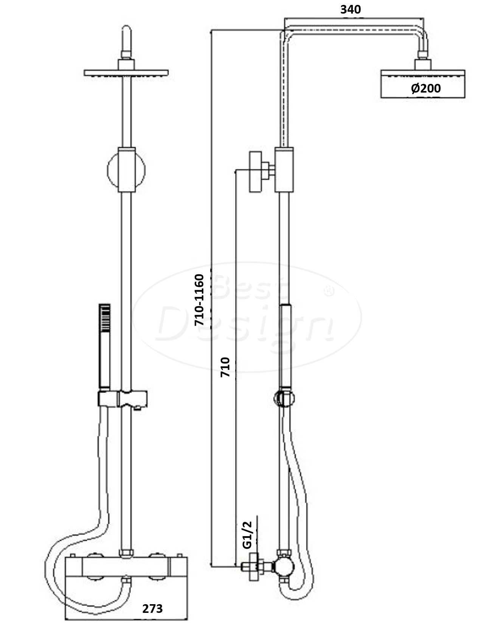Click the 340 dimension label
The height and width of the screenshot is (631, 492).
pos(351,9)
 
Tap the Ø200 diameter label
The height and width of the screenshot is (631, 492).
pos(426,88)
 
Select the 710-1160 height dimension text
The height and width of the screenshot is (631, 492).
pos(199,300)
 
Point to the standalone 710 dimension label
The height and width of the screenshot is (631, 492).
pos(225,367)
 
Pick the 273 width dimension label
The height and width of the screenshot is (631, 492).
pos(152,608)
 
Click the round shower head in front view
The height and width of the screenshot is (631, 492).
pos(126,73)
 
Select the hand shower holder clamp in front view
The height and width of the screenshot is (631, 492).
pos(123,399)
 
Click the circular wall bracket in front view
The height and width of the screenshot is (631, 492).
pos(126,170)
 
